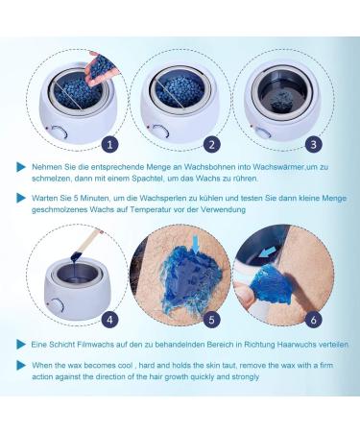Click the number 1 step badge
(x=109, y=145)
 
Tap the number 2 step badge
(x=212, y=145)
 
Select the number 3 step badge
(x=313, y=144)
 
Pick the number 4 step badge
(x=109, y=320)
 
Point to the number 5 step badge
(x=211, y=320)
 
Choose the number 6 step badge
(x=313, y=320)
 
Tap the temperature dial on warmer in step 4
(x=57, y=305)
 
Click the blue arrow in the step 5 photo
(x=196, y=245)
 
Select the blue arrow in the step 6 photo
(x=268, y=252)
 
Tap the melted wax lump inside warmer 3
(x=281, y=101)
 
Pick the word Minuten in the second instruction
(x=94, y=198)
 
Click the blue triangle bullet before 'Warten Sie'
(x=21, y=198)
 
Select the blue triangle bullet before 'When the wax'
(x=21, y=365)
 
